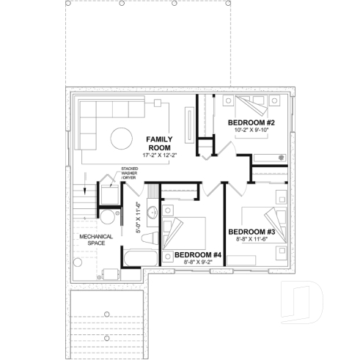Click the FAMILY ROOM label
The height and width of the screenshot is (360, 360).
tap(159, 143)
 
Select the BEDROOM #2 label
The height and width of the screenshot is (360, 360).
tap(251, 122)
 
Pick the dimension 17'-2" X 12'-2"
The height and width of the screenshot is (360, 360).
tap(159, 155)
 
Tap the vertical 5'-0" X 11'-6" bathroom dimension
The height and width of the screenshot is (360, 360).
tap(139, 218)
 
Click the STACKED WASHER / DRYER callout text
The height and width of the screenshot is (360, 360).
tap(131, 173)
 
